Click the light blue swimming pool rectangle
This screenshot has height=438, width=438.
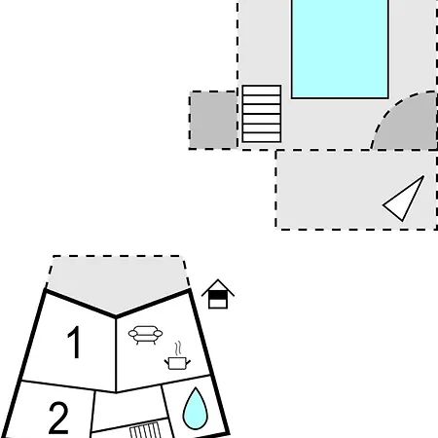[x=340, y=49]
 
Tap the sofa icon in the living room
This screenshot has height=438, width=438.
[x=145, y=335]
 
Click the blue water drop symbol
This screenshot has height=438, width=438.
[x=195, y=409]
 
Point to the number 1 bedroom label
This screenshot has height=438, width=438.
[x=74, y=342]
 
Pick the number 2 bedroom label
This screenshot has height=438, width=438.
[x=58, y=418]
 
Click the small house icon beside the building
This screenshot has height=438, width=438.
[x=218, y=294]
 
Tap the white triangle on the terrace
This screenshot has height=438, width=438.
[x=403, y=199]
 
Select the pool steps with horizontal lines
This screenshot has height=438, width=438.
[x=262, y=114]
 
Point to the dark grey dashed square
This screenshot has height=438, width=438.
[x=213, y=120]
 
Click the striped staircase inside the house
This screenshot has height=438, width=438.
[x=145, y=430]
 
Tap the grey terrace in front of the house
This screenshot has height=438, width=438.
[x=117, y=282]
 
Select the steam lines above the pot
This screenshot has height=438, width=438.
[x=178, y=348]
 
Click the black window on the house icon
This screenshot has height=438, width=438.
[x=218, y=295]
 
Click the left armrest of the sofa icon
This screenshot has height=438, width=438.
[x=133, y=333]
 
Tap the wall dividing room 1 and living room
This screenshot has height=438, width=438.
[x=116, y=354]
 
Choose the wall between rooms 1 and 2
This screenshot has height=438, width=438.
[x=68, y=386]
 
